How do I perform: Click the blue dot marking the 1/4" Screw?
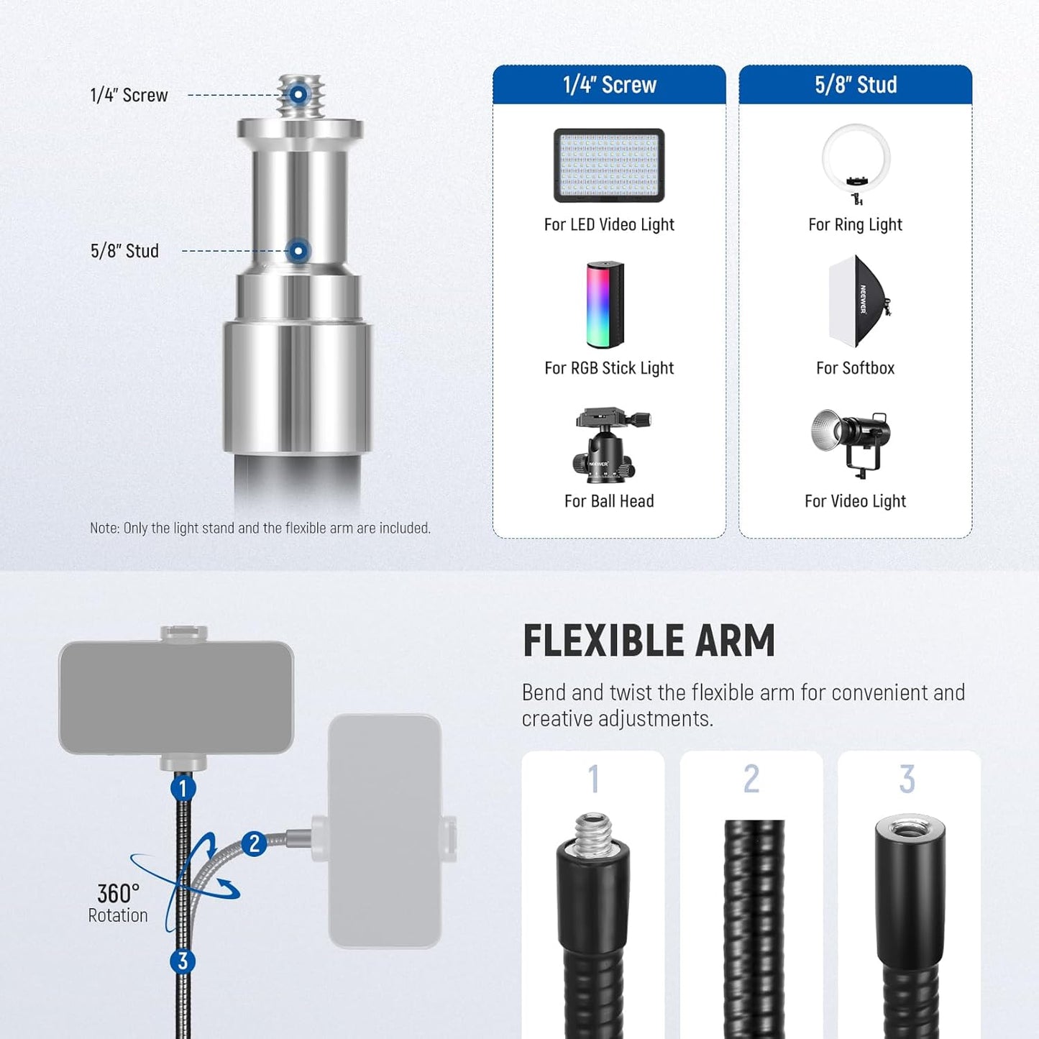(x=298, y=94)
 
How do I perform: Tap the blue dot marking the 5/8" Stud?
(x=298, y=251)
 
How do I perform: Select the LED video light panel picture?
(x=609, y=165)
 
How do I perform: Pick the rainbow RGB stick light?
(x=605, y=305)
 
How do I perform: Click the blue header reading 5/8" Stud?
(x=855, y=85)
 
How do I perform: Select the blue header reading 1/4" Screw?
(x=609, y=85)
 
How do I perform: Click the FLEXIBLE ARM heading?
(x=649, y=641)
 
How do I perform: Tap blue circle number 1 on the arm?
(x=183, y=788)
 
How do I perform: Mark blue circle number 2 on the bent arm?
(x=254, y=843)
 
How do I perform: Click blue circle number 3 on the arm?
(x=183, y=961)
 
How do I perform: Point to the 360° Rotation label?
(x=118, y=903)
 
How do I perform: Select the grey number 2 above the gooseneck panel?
(x=751, y=779)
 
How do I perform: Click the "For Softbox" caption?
(x=855, y=368)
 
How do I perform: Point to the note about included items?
(x=260, y=528)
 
